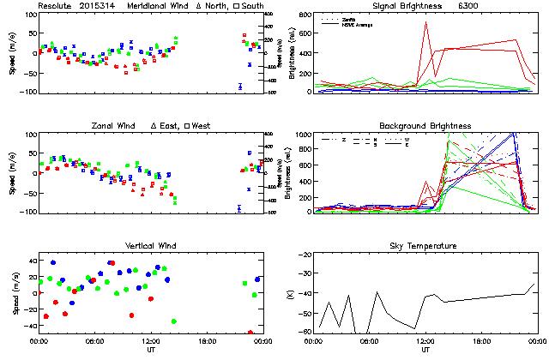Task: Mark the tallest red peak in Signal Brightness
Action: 425,23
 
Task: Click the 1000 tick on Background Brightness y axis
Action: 305,135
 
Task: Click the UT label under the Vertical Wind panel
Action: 150,350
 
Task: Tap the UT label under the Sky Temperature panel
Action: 425,350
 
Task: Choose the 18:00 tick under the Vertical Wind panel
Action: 207,341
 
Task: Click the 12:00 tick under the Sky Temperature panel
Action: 425,341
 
